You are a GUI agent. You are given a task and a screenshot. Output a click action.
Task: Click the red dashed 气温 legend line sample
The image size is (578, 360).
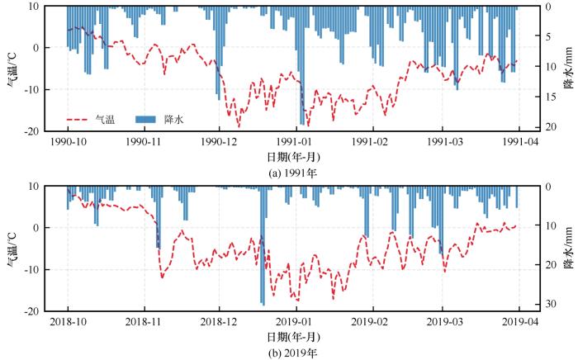tap(78, 119)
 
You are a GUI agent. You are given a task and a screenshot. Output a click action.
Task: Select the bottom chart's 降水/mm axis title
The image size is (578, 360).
tap(568, 248)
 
